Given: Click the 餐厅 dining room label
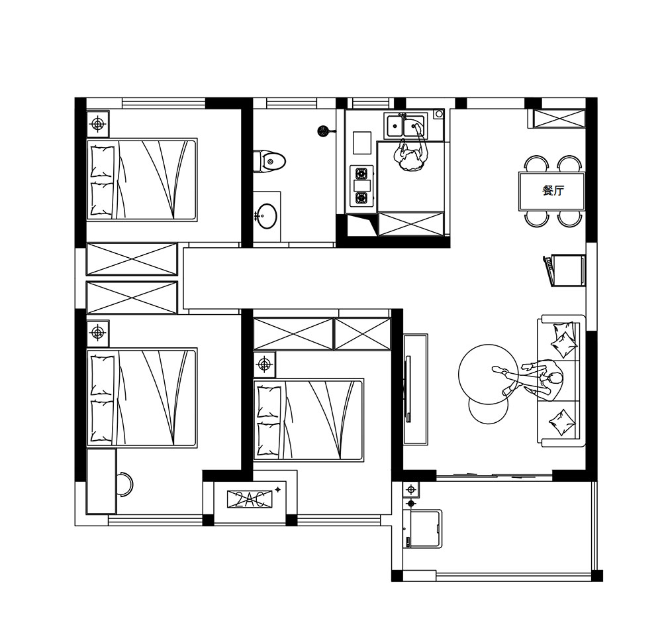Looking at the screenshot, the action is (553, 190).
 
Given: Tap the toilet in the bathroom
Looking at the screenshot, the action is (269, 161).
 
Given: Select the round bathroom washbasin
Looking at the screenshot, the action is (267, 216).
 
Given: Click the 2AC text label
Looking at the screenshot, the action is (250, 499).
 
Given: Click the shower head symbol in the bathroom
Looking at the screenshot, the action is (323, 131).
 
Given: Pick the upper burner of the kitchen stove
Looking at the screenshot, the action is (362, 173).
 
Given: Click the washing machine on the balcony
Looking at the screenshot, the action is (422, 528).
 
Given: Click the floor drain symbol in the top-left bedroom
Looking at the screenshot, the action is (97, 124).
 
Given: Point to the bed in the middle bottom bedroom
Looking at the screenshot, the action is (308, 420).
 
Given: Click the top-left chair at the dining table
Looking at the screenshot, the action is (536, 163).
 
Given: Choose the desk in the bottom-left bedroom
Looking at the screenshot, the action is (101, 481).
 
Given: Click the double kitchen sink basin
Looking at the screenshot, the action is (405, 125).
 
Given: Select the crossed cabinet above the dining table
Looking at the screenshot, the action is (557, 119).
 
